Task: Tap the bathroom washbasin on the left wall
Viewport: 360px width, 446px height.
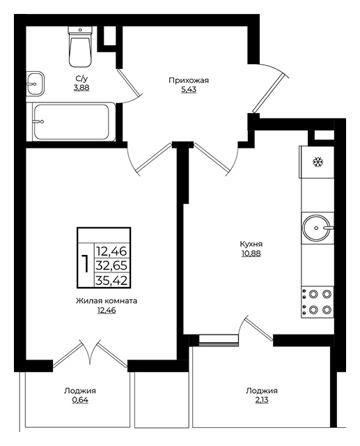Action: point(36,83)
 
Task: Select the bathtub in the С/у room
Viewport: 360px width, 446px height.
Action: point(71,122)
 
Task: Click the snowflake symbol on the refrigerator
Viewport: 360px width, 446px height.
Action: point(318,162)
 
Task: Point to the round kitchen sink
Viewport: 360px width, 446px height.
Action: point(317,228)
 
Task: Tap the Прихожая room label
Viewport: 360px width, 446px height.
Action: point(189,81)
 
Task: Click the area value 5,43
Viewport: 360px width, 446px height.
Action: point(189,90)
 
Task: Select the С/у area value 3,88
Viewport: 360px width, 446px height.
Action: point(81,88)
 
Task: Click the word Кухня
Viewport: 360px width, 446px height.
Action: point(251,244)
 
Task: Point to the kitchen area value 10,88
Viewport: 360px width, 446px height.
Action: point(251,254)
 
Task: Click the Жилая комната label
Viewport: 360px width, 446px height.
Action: point(107,301)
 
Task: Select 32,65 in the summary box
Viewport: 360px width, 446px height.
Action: point(111,266)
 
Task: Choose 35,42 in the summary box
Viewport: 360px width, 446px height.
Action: point(111,281)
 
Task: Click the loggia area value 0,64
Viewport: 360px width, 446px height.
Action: point(80,400)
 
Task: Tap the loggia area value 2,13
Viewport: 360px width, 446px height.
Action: point(262,400)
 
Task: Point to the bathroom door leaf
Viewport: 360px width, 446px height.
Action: point(129,82)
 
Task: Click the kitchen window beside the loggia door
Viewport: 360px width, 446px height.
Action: point(219,340)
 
